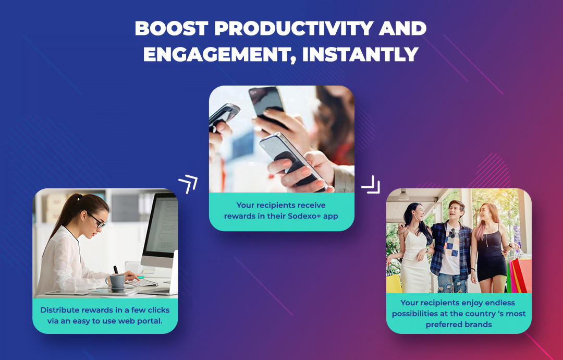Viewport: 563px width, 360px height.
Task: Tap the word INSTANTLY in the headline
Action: [360, 55]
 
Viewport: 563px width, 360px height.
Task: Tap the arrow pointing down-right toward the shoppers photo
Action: [371, 184]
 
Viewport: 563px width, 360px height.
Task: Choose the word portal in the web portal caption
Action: [151, 321]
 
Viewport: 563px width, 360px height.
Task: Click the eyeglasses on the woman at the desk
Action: [97, 221]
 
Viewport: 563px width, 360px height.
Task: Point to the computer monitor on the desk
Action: [160, 230]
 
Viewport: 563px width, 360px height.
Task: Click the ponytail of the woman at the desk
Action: [66, 215]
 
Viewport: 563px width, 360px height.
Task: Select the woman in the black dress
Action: [491, 248]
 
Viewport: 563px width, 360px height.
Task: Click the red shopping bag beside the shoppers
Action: [520, 275]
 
